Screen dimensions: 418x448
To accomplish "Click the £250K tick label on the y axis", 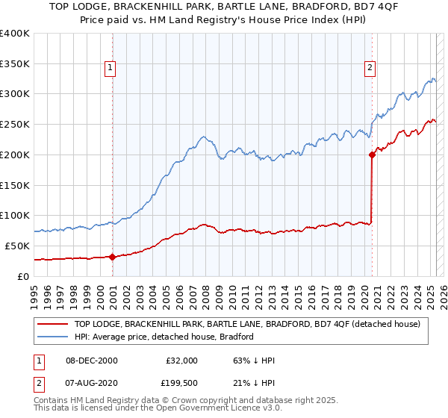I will click(x=15, y=124).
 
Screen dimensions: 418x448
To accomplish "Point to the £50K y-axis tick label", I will click(x=17, y=246).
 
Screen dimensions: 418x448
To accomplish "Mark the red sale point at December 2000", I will click(x=112, y=257).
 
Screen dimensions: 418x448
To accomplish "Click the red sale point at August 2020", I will click(x=371, y=155).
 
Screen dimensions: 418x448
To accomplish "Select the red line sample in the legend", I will click(x=53, y=324).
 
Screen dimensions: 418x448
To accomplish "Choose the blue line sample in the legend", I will click(x=53, y=337).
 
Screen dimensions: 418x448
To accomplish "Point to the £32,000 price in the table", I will click(x=181, y=361).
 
